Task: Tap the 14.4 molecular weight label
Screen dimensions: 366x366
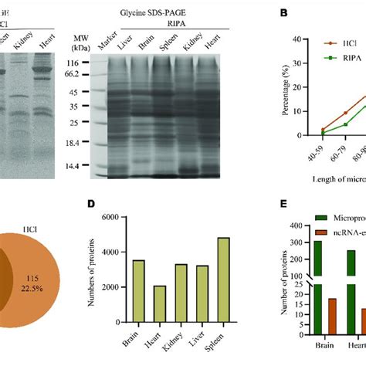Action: click(x=80, y=165)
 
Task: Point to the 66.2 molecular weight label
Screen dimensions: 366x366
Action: click(x=80, y=75)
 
